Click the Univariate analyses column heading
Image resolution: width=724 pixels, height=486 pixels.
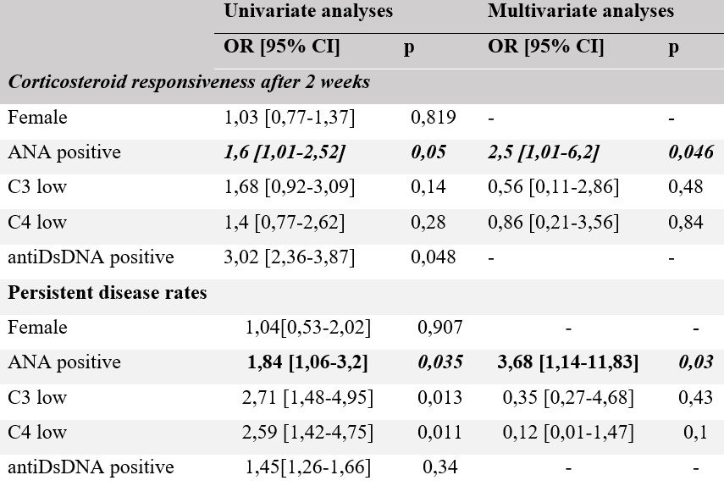tap(308, 12)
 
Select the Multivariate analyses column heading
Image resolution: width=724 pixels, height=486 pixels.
tap(581, 12)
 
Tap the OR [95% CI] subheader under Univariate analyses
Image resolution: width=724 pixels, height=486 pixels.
tap(282, 47)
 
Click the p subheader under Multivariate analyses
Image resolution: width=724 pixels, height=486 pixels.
tap(673, 47)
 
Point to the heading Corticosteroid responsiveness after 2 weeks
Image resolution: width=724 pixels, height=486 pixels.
tap(189, 82)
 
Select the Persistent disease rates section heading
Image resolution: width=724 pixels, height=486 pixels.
tap(108, 293)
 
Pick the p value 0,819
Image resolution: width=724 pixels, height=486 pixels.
tap(434, 118)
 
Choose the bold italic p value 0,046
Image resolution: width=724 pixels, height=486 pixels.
tap(690, 152)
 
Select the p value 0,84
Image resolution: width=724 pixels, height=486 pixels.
tap(685, 223)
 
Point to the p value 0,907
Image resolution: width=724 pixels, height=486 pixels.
tap(440, 328)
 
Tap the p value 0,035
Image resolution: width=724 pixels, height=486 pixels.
tap(440, 362)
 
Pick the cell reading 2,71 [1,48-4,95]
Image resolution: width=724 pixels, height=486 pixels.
tap(308, 398)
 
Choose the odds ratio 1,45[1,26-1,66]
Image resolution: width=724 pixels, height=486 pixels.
tap(308, 467)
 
